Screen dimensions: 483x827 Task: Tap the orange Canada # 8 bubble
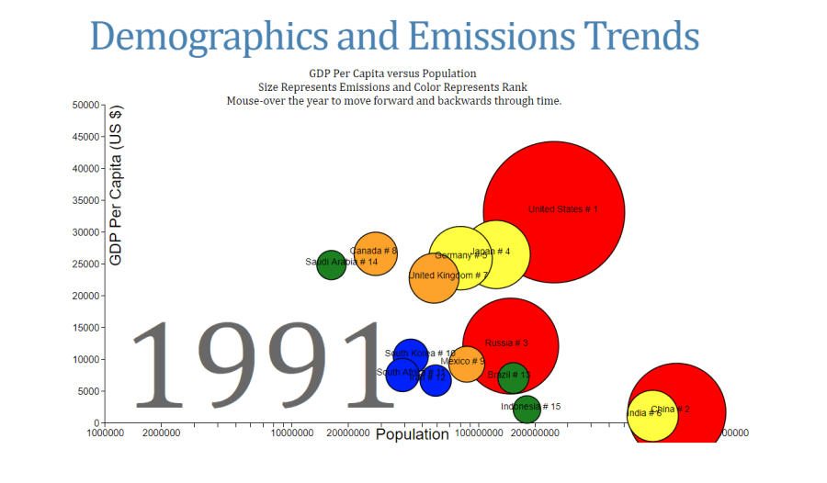pyautogui.click(x=375, y=254)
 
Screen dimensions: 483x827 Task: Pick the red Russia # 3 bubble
pyautogui.click(x=511, y=345)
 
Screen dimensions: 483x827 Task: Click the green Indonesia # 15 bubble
pyautogui.click(x=527, y=409)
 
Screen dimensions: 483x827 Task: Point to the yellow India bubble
pyautogui.click(x=647, y=413)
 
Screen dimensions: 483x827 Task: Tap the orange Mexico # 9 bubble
pyautogui.click(x=466, y=364)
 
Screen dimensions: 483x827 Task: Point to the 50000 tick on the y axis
pyautogui.click(x=84, y=105)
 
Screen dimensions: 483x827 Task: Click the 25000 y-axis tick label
pyautogui.click(x=84, y=264)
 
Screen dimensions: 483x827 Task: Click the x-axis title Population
pyautogui.click(x=413, y=434)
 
